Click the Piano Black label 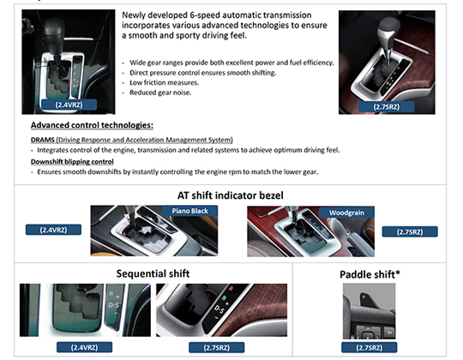pos(189,211)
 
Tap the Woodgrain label pos(346,213)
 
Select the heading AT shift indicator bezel pos(231,195)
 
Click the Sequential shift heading pos(153,273)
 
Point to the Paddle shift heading pos(370,274)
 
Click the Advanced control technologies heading pos(92,125)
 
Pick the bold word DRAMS pos(43,140)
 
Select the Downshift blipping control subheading pos(72,162)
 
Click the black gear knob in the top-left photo pos(52,35)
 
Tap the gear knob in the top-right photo pos(388,28)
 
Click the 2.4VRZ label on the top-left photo pos(69,105)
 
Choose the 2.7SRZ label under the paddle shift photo pos(369,347)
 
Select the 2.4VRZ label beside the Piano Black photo pos(53,230)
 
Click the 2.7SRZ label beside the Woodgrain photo pos(410,231)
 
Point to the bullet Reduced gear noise pos(160,93)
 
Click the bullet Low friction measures pos(164,82)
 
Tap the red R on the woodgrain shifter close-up pos(231,289)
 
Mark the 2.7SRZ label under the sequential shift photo pos(216,347)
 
